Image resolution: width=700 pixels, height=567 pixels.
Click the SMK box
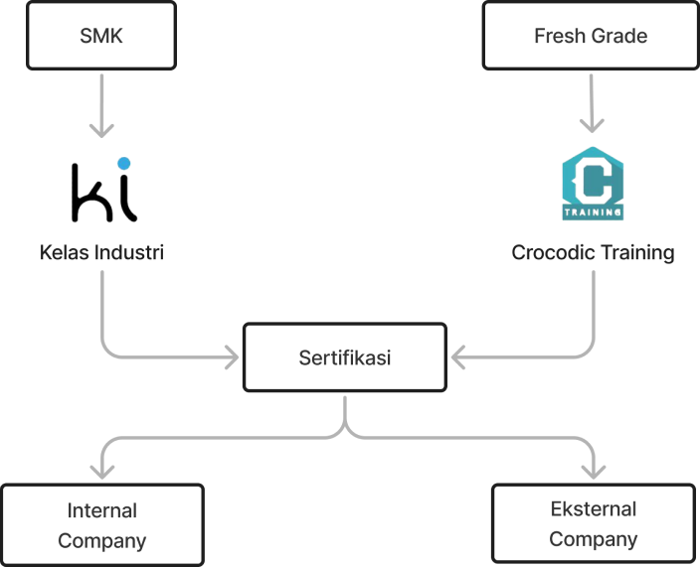click(101, 36)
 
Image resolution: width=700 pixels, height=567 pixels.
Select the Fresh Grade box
click(591, 36)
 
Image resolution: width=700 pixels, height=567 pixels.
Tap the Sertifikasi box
click(345, 357)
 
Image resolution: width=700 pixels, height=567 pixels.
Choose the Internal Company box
click(102, 525)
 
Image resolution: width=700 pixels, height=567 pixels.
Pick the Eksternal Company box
click(594, 523)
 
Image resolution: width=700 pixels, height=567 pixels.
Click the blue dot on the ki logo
click(124, 163)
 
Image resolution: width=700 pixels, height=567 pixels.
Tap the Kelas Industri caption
click(101, 252)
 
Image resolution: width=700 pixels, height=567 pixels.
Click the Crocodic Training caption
click(593, 253)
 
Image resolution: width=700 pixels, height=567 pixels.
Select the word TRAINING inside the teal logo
click(593, 213)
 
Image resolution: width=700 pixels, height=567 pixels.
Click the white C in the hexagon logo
click(594, 183)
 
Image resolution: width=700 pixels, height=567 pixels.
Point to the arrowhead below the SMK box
click(101, 131)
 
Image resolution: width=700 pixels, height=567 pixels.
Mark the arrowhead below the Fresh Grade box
click(592, 126)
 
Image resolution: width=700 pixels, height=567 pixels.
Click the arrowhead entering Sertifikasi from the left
click(232, 357)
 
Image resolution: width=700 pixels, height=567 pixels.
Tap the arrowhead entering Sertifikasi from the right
click(458, 357)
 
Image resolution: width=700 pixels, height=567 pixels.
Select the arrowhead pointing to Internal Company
click(102, 472)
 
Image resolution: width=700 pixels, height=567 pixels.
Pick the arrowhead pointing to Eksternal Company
click(594, 472)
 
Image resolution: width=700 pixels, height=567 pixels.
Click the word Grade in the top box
click(621, 36)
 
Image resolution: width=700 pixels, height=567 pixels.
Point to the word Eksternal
click(594, 509)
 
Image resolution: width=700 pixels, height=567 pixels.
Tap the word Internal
click(102, 510)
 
